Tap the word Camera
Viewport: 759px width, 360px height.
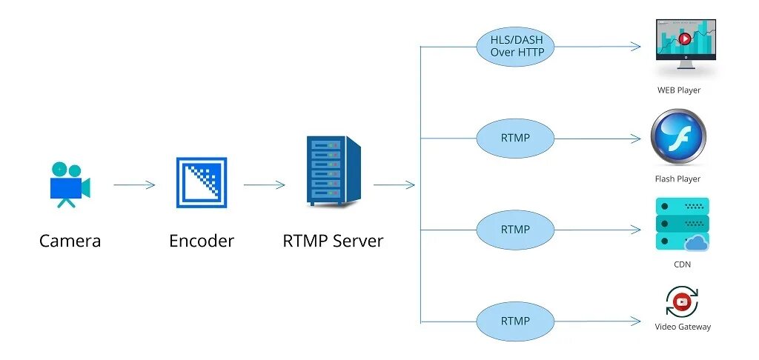click(70, 241)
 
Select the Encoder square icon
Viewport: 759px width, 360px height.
click(201, 182)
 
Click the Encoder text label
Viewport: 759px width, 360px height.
click(201, 241)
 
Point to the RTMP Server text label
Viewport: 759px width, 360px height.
click(333, 241)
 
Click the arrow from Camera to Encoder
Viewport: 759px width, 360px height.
click(134, 184)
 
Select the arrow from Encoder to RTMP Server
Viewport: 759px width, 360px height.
click(264, 184)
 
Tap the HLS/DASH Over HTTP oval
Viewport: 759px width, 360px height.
click(515, 46)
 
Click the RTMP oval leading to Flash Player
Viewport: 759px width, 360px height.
click(515, 138)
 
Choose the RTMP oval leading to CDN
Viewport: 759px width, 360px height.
click(515, 230)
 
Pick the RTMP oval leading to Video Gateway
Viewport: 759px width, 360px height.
click(515, 321)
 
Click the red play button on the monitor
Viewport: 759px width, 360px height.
click(686, 39)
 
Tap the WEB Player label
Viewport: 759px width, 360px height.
click(679, 90)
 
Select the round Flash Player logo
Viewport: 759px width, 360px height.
click(678, 138)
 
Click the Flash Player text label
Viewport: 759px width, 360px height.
click(677, 179)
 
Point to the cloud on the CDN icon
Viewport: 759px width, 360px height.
click(697, 242)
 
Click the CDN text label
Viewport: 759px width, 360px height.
click(683, 264)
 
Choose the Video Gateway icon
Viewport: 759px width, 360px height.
click(682, 301)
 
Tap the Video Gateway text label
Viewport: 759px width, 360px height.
click(683, 327)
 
